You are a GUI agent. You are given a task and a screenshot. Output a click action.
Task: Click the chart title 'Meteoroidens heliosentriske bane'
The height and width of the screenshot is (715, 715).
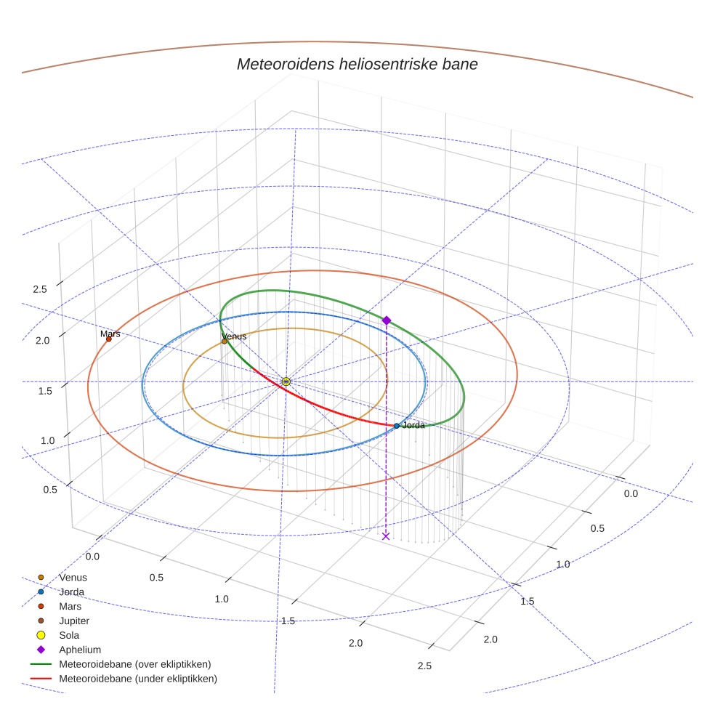357,64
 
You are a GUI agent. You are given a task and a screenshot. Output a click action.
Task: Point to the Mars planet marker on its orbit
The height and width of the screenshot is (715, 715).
108,339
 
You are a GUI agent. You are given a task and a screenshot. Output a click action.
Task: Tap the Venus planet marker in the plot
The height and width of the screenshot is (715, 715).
224,341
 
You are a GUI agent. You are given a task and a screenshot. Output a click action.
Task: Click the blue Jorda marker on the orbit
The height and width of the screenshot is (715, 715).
396,425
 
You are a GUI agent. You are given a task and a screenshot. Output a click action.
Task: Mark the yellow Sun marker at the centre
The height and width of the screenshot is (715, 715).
286,381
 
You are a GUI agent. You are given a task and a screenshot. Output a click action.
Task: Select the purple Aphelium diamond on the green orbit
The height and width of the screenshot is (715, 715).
387,320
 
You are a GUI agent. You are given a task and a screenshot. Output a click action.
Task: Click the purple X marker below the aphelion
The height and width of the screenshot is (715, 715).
386,536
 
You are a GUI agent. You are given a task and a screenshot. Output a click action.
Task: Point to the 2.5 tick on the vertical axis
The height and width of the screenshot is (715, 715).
40,289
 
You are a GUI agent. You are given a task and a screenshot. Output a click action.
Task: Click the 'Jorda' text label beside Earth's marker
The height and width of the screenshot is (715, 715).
413,425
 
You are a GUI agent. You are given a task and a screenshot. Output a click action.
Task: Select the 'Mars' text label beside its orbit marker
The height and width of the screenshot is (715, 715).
110,334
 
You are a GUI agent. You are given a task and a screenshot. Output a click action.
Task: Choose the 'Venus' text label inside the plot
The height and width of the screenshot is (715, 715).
234,336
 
